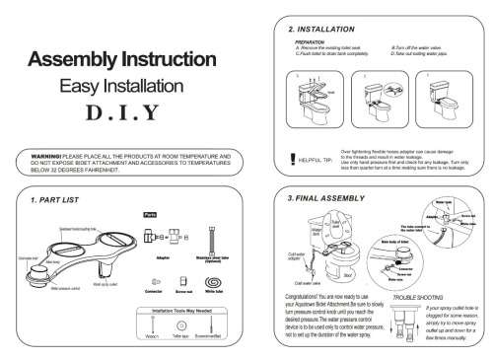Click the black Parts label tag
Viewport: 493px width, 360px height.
(150, 214)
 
